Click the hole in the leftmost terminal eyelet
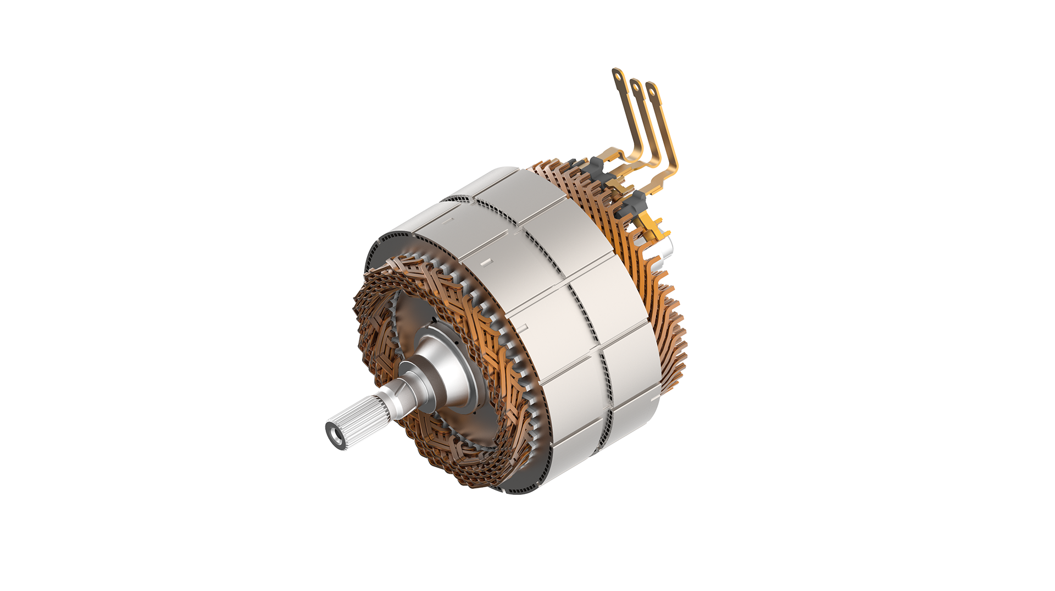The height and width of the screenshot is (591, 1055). click(618, 76)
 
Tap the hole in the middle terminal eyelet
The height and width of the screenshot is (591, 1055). click(636, 87)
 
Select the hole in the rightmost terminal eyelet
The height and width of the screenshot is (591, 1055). click(652, 92)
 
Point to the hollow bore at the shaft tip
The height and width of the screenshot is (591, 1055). click(335, 434)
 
